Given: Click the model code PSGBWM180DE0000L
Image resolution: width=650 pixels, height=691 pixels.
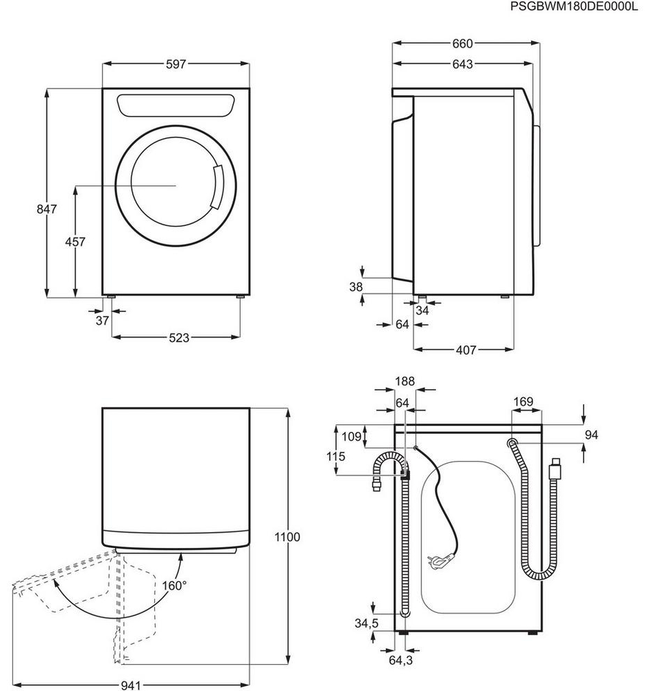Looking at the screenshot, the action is pos(574,7).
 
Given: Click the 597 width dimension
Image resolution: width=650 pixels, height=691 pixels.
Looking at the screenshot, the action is pos(176,64).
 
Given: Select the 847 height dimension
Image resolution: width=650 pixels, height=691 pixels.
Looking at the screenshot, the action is pos(47,209).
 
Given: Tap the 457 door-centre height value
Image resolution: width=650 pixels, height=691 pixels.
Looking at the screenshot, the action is pos(75,241).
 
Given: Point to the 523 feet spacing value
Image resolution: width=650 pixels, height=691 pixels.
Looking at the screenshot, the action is pos(179,338).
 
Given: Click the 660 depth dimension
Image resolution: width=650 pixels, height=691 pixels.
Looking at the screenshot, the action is pos(462,44).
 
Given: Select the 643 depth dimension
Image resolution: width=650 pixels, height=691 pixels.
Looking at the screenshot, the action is pos(462,64).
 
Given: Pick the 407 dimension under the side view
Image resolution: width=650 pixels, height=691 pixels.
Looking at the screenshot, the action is pos(465,350).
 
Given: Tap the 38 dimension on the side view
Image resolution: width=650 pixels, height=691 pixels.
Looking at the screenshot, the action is pos(356,287).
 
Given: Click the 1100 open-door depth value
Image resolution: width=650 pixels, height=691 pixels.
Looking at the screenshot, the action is pos(287,537).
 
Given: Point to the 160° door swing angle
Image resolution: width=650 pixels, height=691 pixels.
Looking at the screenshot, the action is pos(174,586).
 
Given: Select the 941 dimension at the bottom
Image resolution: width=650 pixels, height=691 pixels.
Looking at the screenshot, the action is pos(131,685).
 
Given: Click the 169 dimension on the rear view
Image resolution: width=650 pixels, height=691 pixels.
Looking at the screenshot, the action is pos(523,402).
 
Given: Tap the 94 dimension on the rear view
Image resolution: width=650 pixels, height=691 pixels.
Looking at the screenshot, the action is pos(591,435).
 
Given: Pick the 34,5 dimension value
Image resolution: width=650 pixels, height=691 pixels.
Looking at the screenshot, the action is pos(367,623).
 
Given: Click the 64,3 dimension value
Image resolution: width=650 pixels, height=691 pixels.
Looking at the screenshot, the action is pos(401,660).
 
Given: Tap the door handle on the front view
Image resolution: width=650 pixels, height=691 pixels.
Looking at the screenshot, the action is pos(217,187).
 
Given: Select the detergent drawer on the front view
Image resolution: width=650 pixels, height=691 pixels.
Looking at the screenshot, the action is pos(176,106).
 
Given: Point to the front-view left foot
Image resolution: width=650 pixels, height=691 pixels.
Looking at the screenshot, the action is pos(110,297).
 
